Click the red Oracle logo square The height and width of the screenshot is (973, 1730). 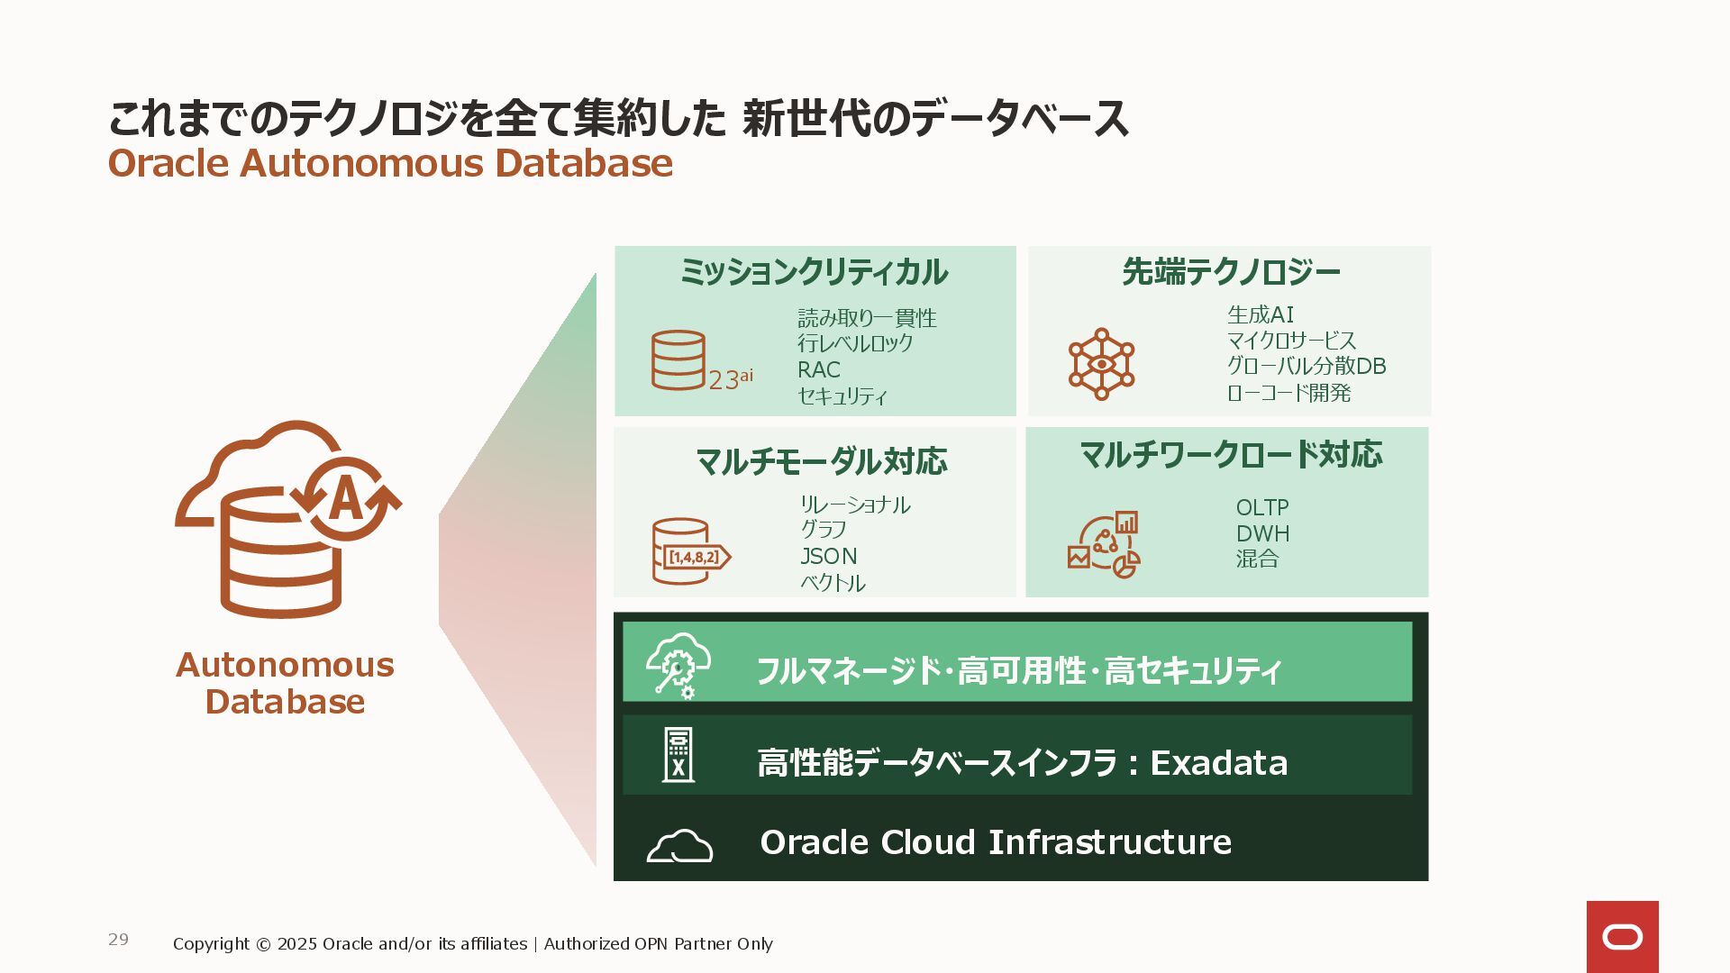click(1622, 936)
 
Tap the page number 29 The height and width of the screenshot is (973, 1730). click(118, 939)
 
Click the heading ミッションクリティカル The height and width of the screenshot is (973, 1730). click(814, 271)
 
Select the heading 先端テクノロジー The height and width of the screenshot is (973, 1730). click(1231, 271)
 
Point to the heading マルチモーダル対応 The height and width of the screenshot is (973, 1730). click(821, 461)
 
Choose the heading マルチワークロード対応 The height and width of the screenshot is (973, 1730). click(1230, 454)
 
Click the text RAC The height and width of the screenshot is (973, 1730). click(818, 369)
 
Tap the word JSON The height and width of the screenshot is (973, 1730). click(828, 556)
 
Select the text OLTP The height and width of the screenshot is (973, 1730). click(1261, 507)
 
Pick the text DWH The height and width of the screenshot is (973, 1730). click(1262, 533)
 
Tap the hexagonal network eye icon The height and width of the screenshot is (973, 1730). click(1101, 364)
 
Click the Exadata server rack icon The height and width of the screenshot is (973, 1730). click(678, 755)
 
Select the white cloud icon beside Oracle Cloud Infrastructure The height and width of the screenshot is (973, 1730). click(679, 846)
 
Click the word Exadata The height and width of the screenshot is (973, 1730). click(1218, 763)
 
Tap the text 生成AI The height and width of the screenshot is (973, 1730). click(1260, 314)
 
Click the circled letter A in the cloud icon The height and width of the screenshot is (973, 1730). click(347, 498)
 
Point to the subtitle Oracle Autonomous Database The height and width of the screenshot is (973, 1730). click(390, 163)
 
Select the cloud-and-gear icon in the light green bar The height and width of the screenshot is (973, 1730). click(678, 664)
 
